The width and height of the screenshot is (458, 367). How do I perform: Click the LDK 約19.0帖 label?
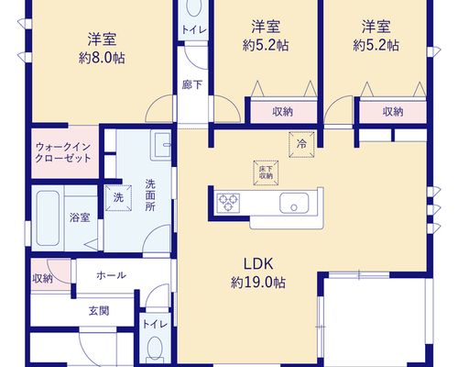(x=258, y=273)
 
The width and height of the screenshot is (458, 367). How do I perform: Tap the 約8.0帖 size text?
(x=102, y=58)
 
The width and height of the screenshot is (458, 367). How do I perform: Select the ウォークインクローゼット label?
(x=63, y=152)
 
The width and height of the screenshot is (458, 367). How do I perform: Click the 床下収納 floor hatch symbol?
(x=266, y=172)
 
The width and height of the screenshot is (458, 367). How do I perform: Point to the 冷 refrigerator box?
(x=301, y=144)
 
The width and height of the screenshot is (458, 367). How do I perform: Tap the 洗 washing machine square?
(x=118, y=198)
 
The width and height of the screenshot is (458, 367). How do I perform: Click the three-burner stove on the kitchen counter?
(x=228, y=203)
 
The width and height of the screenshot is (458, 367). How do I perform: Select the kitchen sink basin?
(x=294, y=203)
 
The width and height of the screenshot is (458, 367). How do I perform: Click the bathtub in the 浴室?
(x=48, y=217)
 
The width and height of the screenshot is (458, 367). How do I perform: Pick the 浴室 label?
(x=80, y=217)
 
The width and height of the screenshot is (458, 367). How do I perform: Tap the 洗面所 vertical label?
(x=150, y=195)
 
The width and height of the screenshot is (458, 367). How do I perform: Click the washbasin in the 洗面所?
(x=160, y=147)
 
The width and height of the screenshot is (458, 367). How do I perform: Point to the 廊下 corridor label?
(x=192, y=84)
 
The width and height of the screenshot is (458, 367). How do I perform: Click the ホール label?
(x=111, y=275)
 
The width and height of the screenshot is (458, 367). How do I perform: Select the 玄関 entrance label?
(x=99, y=311)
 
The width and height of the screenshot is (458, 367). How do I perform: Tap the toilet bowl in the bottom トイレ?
(x=155, y=348)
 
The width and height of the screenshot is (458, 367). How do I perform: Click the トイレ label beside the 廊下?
(x=194, y=30)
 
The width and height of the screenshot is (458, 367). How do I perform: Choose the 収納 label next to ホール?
(x=42, y=279)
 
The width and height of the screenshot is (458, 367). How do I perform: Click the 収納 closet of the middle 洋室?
(x=284, y=112)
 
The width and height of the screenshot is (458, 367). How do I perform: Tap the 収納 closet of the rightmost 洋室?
(x=393, y=112)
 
